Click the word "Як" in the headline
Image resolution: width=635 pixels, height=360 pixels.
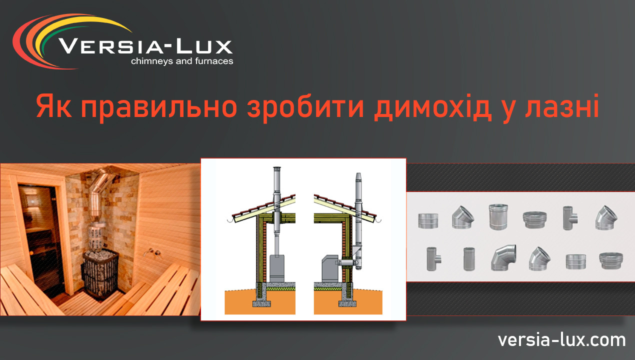[54, 106]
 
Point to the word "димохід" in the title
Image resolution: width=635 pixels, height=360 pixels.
[433, 107]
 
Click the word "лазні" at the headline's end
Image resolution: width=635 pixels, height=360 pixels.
[562, 106]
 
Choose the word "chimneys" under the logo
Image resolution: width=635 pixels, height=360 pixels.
[152, 61]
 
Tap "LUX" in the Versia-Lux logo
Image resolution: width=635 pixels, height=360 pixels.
[204, 46]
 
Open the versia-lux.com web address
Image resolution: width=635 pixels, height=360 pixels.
[561, 340]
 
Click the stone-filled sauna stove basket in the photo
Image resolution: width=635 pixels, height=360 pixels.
[100, 272]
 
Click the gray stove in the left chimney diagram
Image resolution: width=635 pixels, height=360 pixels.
[276, 268]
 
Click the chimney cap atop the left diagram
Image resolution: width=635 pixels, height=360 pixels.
[276, 168]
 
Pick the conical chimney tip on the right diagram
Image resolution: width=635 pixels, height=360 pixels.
[358, 177]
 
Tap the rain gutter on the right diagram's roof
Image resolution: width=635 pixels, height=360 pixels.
[378, 219]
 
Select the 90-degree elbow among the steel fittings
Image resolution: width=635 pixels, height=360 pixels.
[503, 257]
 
